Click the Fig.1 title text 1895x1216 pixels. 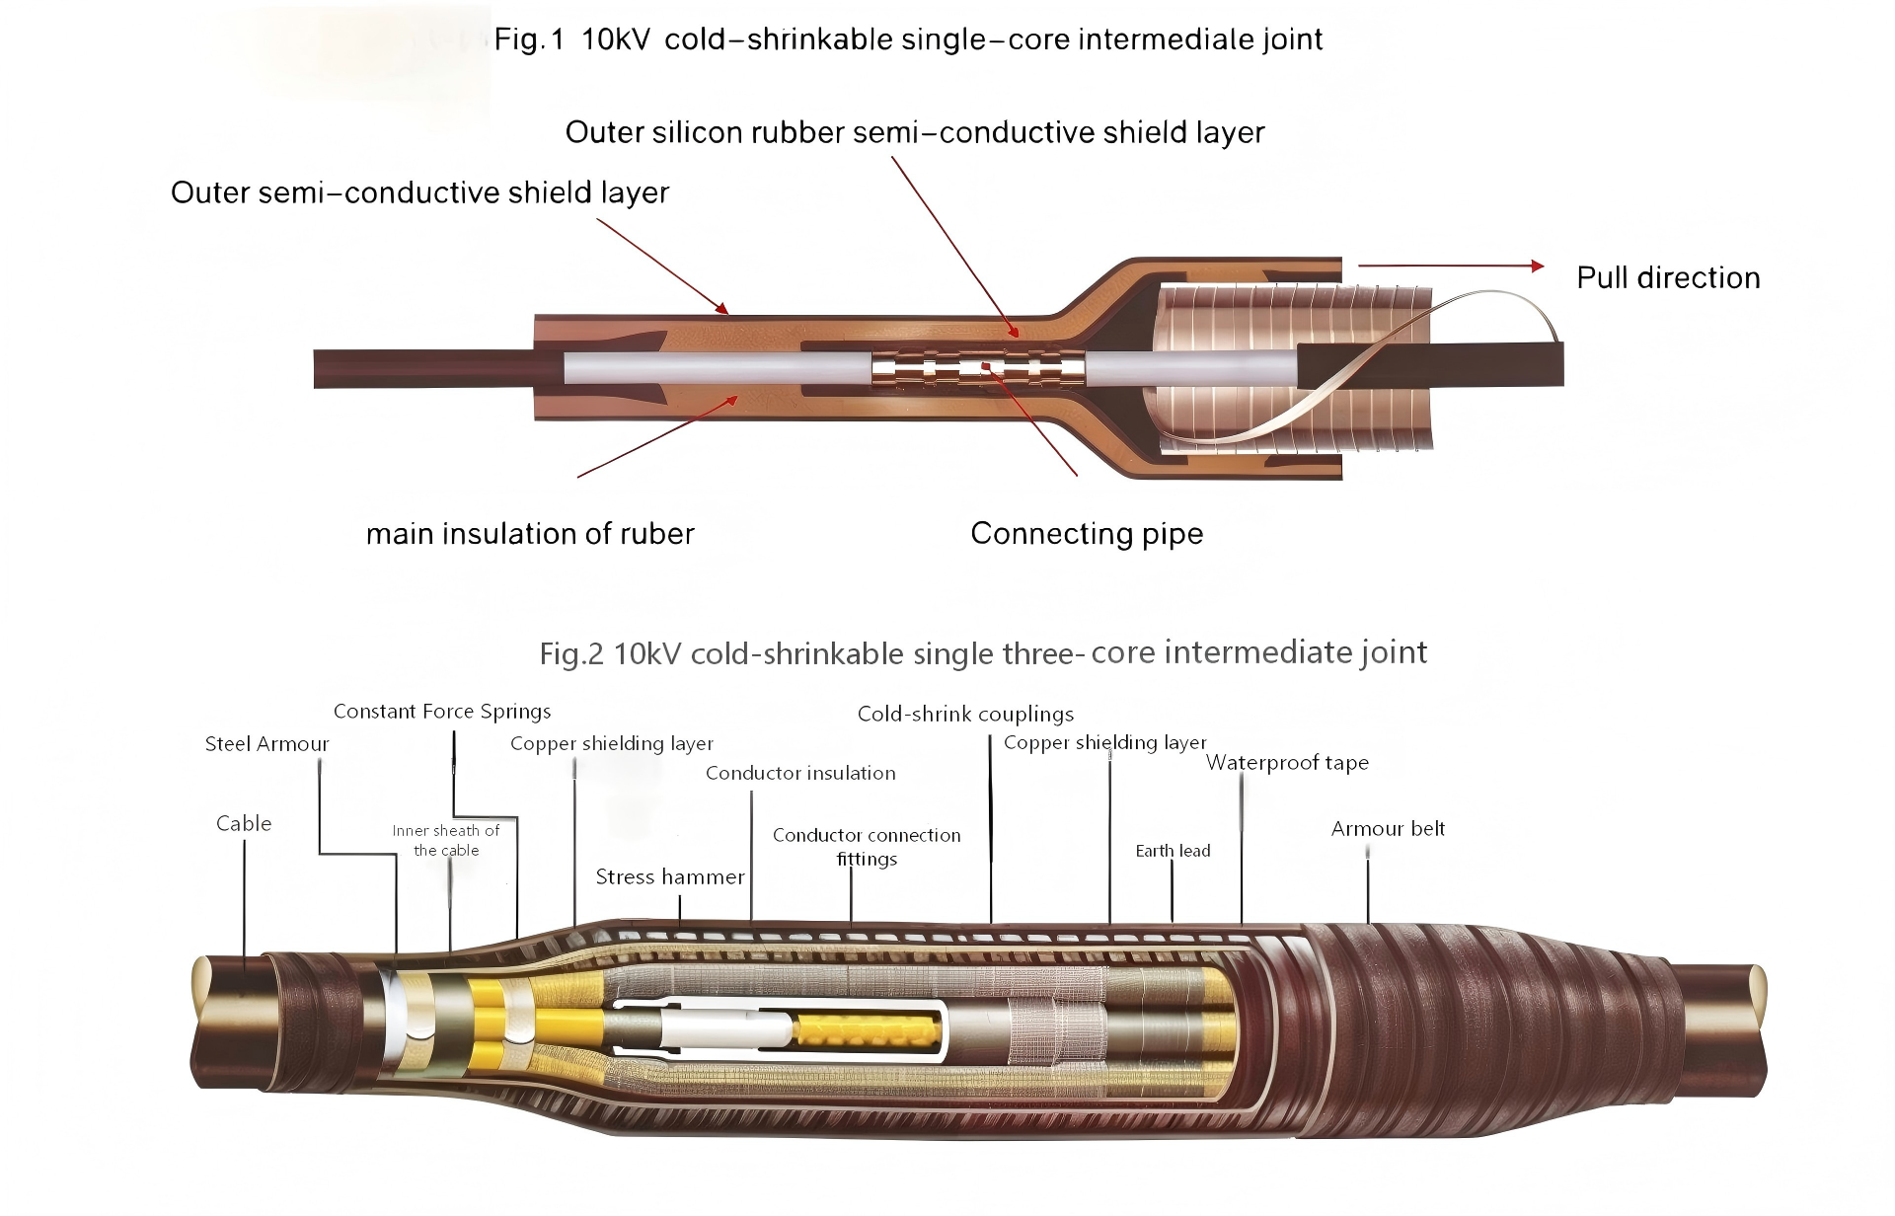[908, 39]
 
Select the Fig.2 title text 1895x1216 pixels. [983, 653]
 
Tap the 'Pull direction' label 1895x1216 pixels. [1668, 277]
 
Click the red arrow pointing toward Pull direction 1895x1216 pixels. [1451, 266]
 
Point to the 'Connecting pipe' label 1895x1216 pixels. [1087, 533]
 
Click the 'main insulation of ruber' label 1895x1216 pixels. [530, 534]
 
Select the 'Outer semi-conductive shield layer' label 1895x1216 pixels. [419, 192]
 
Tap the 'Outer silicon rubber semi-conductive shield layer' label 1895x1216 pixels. [915, 132]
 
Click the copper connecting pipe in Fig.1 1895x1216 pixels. [978, 370]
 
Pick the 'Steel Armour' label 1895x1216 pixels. [266, 744]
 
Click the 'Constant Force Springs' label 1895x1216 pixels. [442, 712]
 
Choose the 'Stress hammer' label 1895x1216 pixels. [670, 876]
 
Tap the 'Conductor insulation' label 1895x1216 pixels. [800, 773]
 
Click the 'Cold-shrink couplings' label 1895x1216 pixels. [965, 714]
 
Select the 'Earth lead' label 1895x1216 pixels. [1173, 851]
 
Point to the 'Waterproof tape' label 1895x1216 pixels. [1287, 763]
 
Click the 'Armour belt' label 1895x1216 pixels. [1388, 829]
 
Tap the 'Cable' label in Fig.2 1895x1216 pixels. [244, 823]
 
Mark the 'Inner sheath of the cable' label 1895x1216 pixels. [446, 841]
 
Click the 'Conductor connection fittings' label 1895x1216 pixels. [867, 847]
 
